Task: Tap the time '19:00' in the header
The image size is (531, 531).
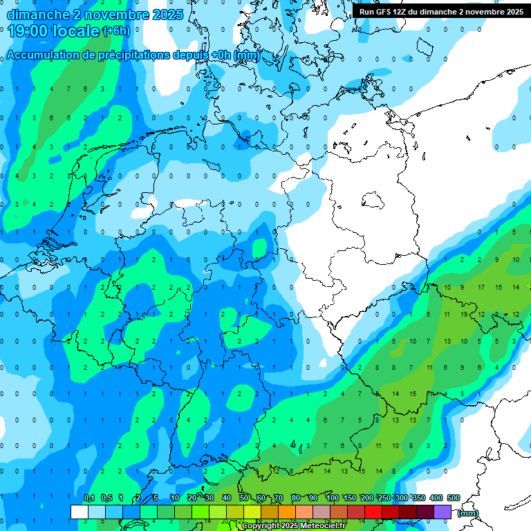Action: [x=27, y=31]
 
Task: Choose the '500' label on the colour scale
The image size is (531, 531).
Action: [x=454, y=498]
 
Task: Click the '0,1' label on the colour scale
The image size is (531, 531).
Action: [x=89, y=498]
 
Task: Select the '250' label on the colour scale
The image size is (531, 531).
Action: [x=384, y=498]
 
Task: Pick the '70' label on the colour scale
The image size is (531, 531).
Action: [x=279, y=498]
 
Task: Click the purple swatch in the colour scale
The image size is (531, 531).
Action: [x=442, y=512]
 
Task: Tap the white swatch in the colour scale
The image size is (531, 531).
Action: [x=80, y=512]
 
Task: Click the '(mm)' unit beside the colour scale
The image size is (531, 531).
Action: [x=468, y=513]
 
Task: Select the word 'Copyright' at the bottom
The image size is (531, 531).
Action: [x=261, y=526]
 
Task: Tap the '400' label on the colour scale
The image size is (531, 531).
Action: [x=436, y=498]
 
